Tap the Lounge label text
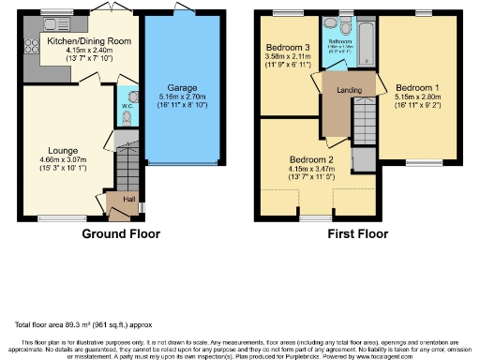[x=64, y=150]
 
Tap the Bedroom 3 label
[x=288, y=47]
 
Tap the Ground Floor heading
[x=121, y=233]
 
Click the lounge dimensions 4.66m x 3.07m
[x=64, y=160]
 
